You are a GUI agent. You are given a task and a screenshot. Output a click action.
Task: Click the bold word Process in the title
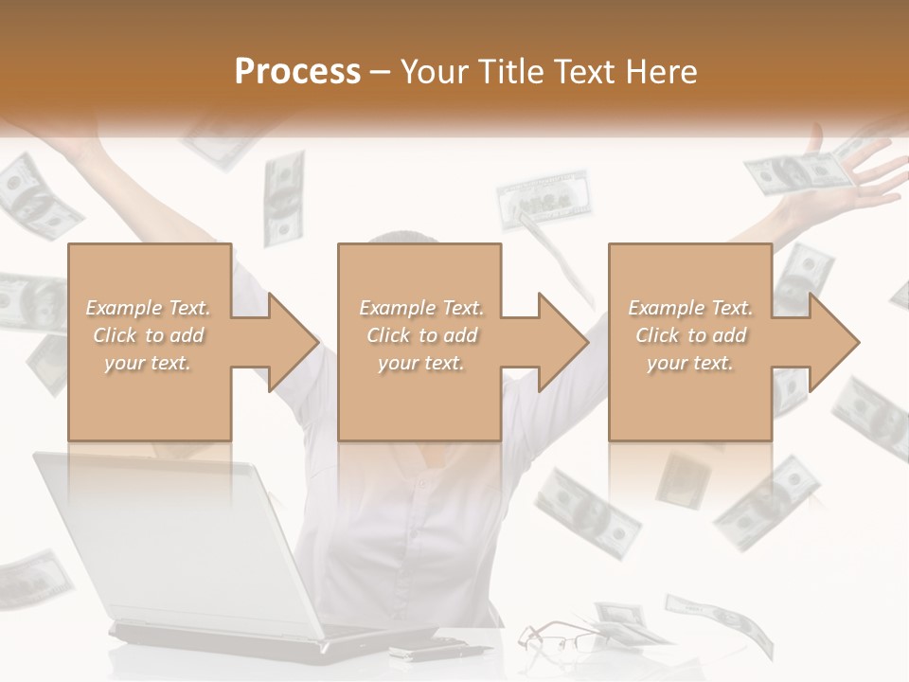click(297, 71)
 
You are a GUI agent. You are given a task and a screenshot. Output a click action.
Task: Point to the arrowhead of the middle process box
click(561, 342)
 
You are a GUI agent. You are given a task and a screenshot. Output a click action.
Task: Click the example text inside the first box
click(148, 334)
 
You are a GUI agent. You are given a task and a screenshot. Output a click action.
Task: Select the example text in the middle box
click(420, 334)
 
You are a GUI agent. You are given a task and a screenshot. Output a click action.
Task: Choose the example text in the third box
click(690, 334)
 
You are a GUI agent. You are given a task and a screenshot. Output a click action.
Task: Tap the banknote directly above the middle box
click(543, 200)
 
